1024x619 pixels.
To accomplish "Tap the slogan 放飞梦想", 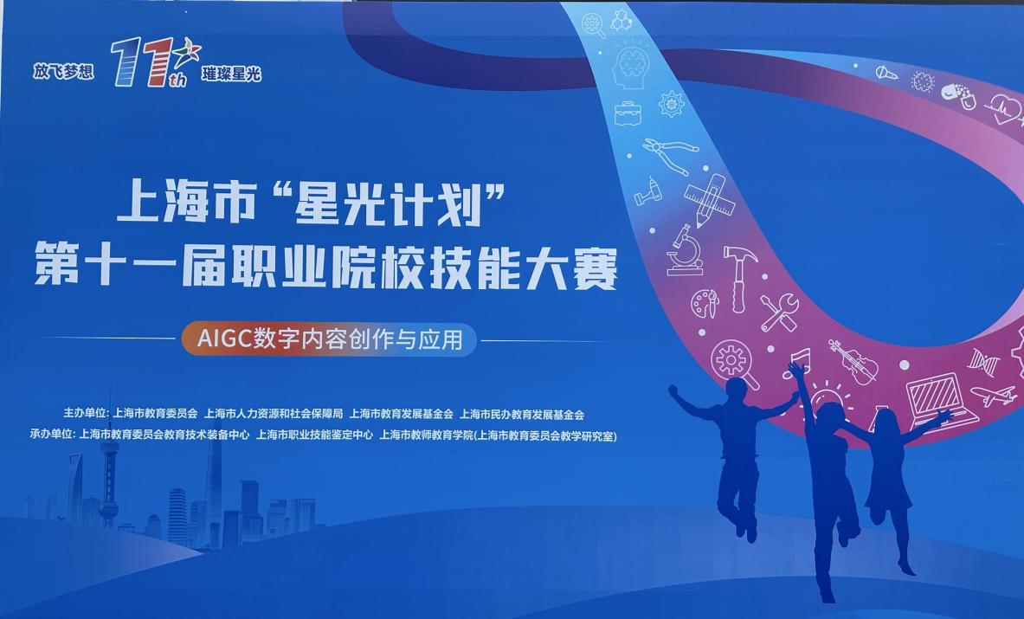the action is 63,71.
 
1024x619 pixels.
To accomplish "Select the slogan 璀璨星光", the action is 231,74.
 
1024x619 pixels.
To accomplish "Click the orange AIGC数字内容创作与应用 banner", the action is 330,339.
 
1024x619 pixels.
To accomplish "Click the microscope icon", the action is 685,250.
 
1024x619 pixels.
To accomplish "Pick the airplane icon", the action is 994,395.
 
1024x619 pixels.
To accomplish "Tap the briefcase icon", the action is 628,113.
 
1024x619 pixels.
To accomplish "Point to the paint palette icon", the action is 705,304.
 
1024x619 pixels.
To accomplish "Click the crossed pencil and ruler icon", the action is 709,197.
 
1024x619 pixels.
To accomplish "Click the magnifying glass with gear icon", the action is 734,363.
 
